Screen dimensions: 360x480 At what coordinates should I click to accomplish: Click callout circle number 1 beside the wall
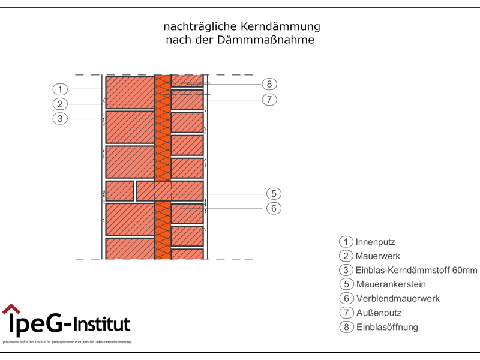click(60, 89)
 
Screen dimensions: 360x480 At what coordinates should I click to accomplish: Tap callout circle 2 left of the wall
click(60, 104)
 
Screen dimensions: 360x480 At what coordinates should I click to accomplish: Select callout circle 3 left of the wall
click(60, 119)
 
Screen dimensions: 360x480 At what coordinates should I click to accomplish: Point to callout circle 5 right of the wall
click(273, 194)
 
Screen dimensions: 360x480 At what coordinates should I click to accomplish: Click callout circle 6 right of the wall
click(273, 208)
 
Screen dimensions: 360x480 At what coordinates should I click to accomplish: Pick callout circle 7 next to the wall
click(269, 99)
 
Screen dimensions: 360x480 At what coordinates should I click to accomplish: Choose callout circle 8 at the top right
click(269, 84)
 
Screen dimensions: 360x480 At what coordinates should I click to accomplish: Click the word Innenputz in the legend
click(375, 242)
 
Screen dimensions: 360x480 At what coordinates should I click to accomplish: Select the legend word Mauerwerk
click(377, 256)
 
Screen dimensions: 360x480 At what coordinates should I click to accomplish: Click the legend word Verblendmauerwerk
click(397, 298)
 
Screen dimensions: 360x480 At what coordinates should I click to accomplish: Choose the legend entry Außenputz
click(378, 313)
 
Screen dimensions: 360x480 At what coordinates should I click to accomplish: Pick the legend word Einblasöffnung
click(386, 327)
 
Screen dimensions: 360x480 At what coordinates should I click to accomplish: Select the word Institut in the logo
click(101, 325)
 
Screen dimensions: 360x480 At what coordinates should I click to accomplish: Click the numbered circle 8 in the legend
click(346, 327)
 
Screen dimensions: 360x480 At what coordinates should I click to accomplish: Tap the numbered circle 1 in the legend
click(346, 242)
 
